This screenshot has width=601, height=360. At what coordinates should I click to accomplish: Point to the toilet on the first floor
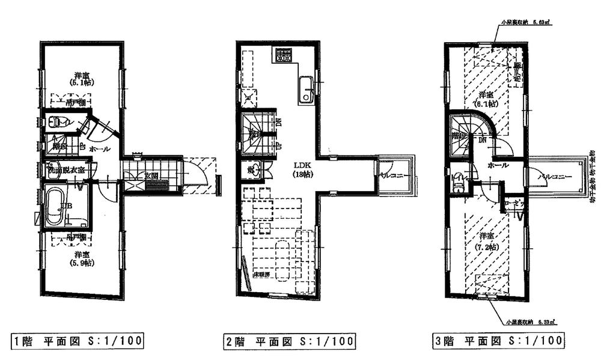(59, 121)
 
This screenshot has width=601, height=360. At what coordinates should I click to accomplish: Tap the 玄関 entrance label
(151, 176)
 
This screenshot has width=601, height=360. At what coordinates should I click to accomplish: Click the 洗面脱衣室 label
(67, 169)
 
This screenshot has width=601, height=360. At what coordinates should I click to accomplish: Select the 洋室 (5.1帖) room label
(83, 79)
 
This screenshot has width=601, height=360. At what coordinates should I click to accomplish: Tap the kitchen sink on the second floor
(305, 90)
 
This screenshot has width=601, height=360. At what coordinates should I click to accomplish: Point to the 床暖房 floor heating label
(260, 273)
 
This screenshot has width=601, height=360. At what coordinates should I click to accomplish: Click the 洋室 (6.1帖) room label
(486, 100)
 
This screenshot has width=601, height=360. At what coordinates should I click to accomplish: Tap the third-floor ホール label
(498, 165)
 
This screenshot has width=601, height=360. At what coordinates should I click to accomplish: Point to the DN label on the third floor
(483, 139)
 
